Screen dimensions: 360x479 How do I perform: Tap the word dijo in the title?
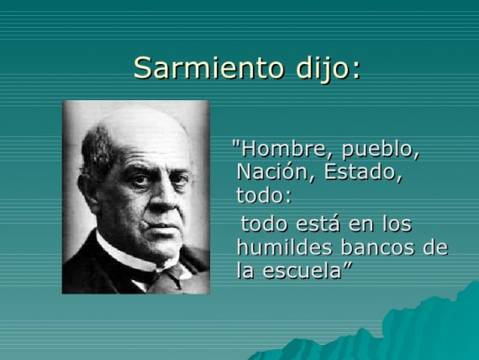pos(328,67)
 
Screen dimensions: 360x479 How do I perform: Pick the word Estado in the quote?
pos(362,173)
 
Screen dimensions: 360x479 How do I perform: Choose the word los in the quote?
pos(396,225)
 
